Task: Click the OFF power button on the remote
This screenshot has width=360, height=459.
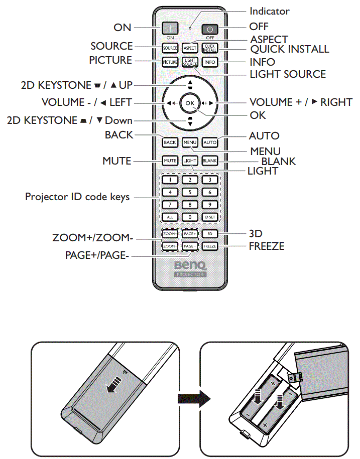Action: pyautogui.click(x=209, y=29)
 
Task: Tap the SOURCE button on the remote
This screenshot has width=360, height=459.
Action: pyautogui.click(x=170, y=48)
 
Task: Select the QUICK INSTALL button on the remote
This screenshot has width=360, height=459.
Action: pyautogui.click(x=209, y=48)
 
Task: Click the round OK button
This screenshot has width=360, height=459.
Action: pyautogui.click(x=189, y=102)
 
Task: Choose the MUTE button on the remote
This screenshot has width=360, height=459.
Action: pyautogui.click(x=170, y=161)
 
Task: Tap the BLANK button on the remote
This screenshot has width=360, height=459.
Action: pyautogui.click(x=209, y=161)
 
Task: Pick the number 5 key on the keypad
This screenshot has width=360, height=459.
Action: pyautogui.click(x=190, y=192)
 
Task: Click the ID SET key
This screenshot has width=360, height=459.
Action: pyautogui.click(x=209, y=217)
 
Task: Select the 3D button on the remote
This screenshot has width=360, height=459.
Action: pyautogui.click(x=209, y=234)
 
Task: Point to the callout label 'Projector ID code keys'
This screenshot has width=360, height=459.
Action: pyautogui.click(x=77, y=197)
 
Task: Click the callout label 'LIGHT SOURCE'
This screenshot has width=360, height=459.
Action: pyautogui.click(x=288, y=74)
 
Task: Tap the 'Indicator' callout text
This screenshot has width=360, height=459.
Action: pyautogui.click(x=270, y=11)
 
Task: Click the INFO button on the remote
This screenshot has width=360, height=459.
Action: pyautogui.click(x=209, y=62)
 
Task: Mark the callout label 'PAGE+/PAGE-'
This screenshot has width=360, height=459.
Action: pyautogui.click(x=97, y=255)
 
